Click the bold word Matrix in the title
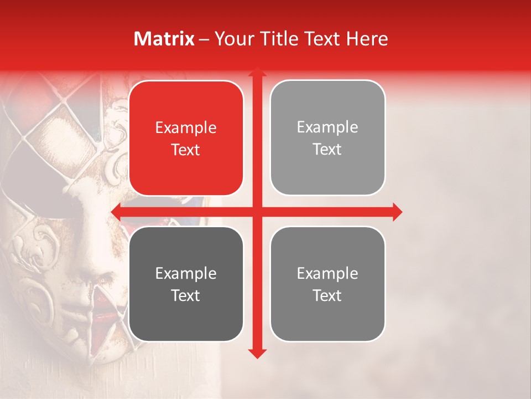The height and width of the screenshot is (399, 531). point(164,39)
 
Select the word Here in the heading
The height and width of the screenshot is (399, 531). point(367,39)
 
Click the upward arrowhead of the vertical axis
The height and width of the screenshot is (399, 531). point(257,72)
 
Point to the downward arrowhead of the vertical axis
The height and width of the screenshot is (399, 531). point(257,353)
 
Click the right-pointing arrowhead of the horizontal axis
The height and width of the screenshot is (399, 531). point(397,212)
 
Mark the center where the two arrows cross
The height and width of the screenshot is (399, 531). point(257,212)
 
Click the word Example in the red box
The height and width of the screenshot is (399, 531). point(186,128)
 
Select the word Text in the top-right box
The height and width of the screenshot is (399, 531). point(327,150)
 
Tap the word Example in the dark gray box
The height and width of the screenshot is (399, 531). point(186,274)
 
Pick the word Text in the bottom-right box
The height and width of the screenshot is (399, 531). point(327,295)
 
